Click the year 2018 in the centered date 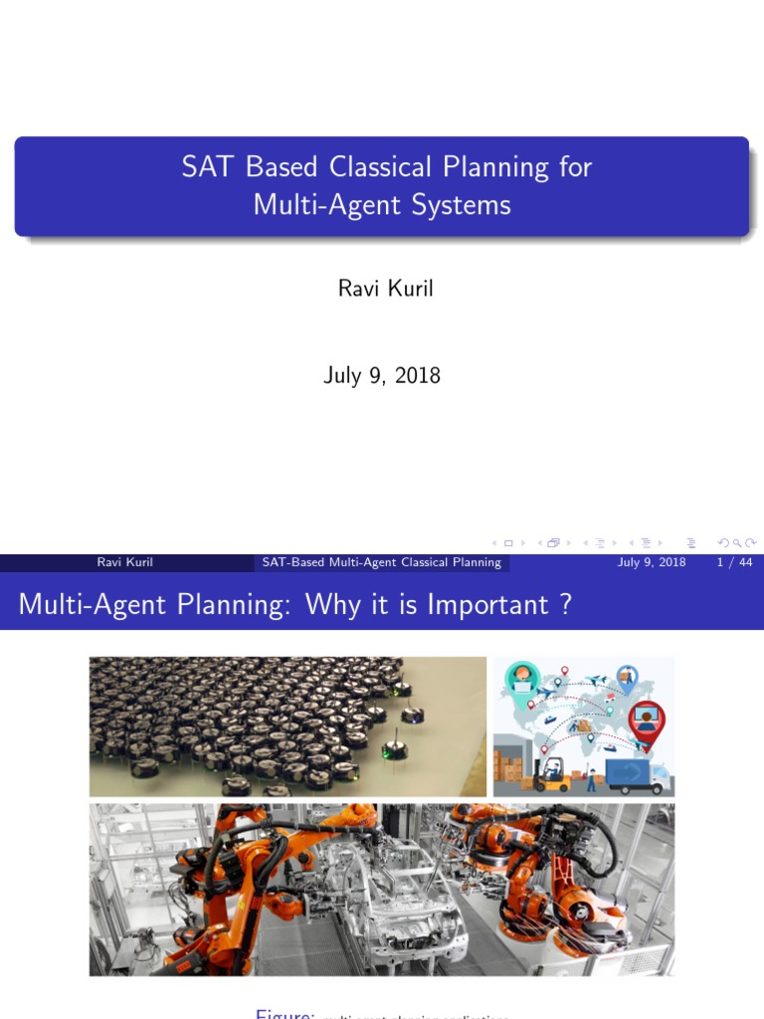coord(418,375)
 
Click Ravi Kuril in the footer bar coord(124,562)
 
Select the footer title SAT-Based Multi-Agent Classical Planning coord(381,562)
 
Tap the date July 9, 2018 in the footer coord(651,562)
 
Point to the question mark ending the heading coord(566,604)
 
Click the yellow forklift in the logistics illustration coord(550,773)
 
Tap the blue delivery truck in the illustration coord(637,776)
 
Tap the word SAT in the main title coord(199,166)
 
